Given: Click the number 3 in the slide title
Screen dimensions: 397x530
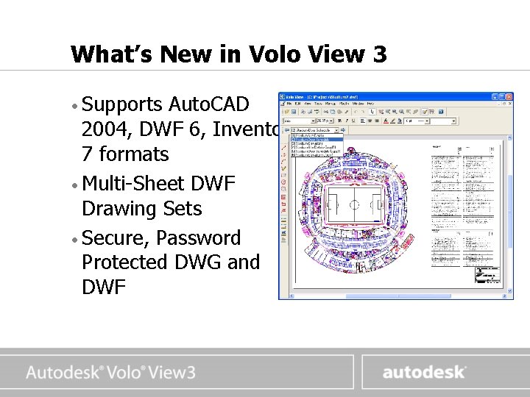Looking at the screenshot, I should pyautogui.click(x=378, y=54).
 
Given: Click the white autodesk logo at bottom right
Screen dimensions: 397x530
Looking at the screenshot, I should pyautogui.click(x=423, y=372).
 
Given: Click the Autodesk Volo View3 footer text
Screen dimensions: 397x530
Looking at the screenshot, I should pyautogui.click(x=110, y=372).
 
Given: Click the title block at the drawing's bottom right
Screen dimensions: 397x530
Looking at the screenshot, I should pyautogui.click(x=485, y=276).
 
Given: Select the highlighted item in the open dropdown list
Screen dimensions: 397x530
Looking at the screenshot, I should pyautogui.click(x=317, y=137).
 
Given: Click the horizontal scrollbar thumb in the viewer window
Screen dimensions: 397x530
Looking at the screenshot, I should pyautogui.click(x=368, y=295).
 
